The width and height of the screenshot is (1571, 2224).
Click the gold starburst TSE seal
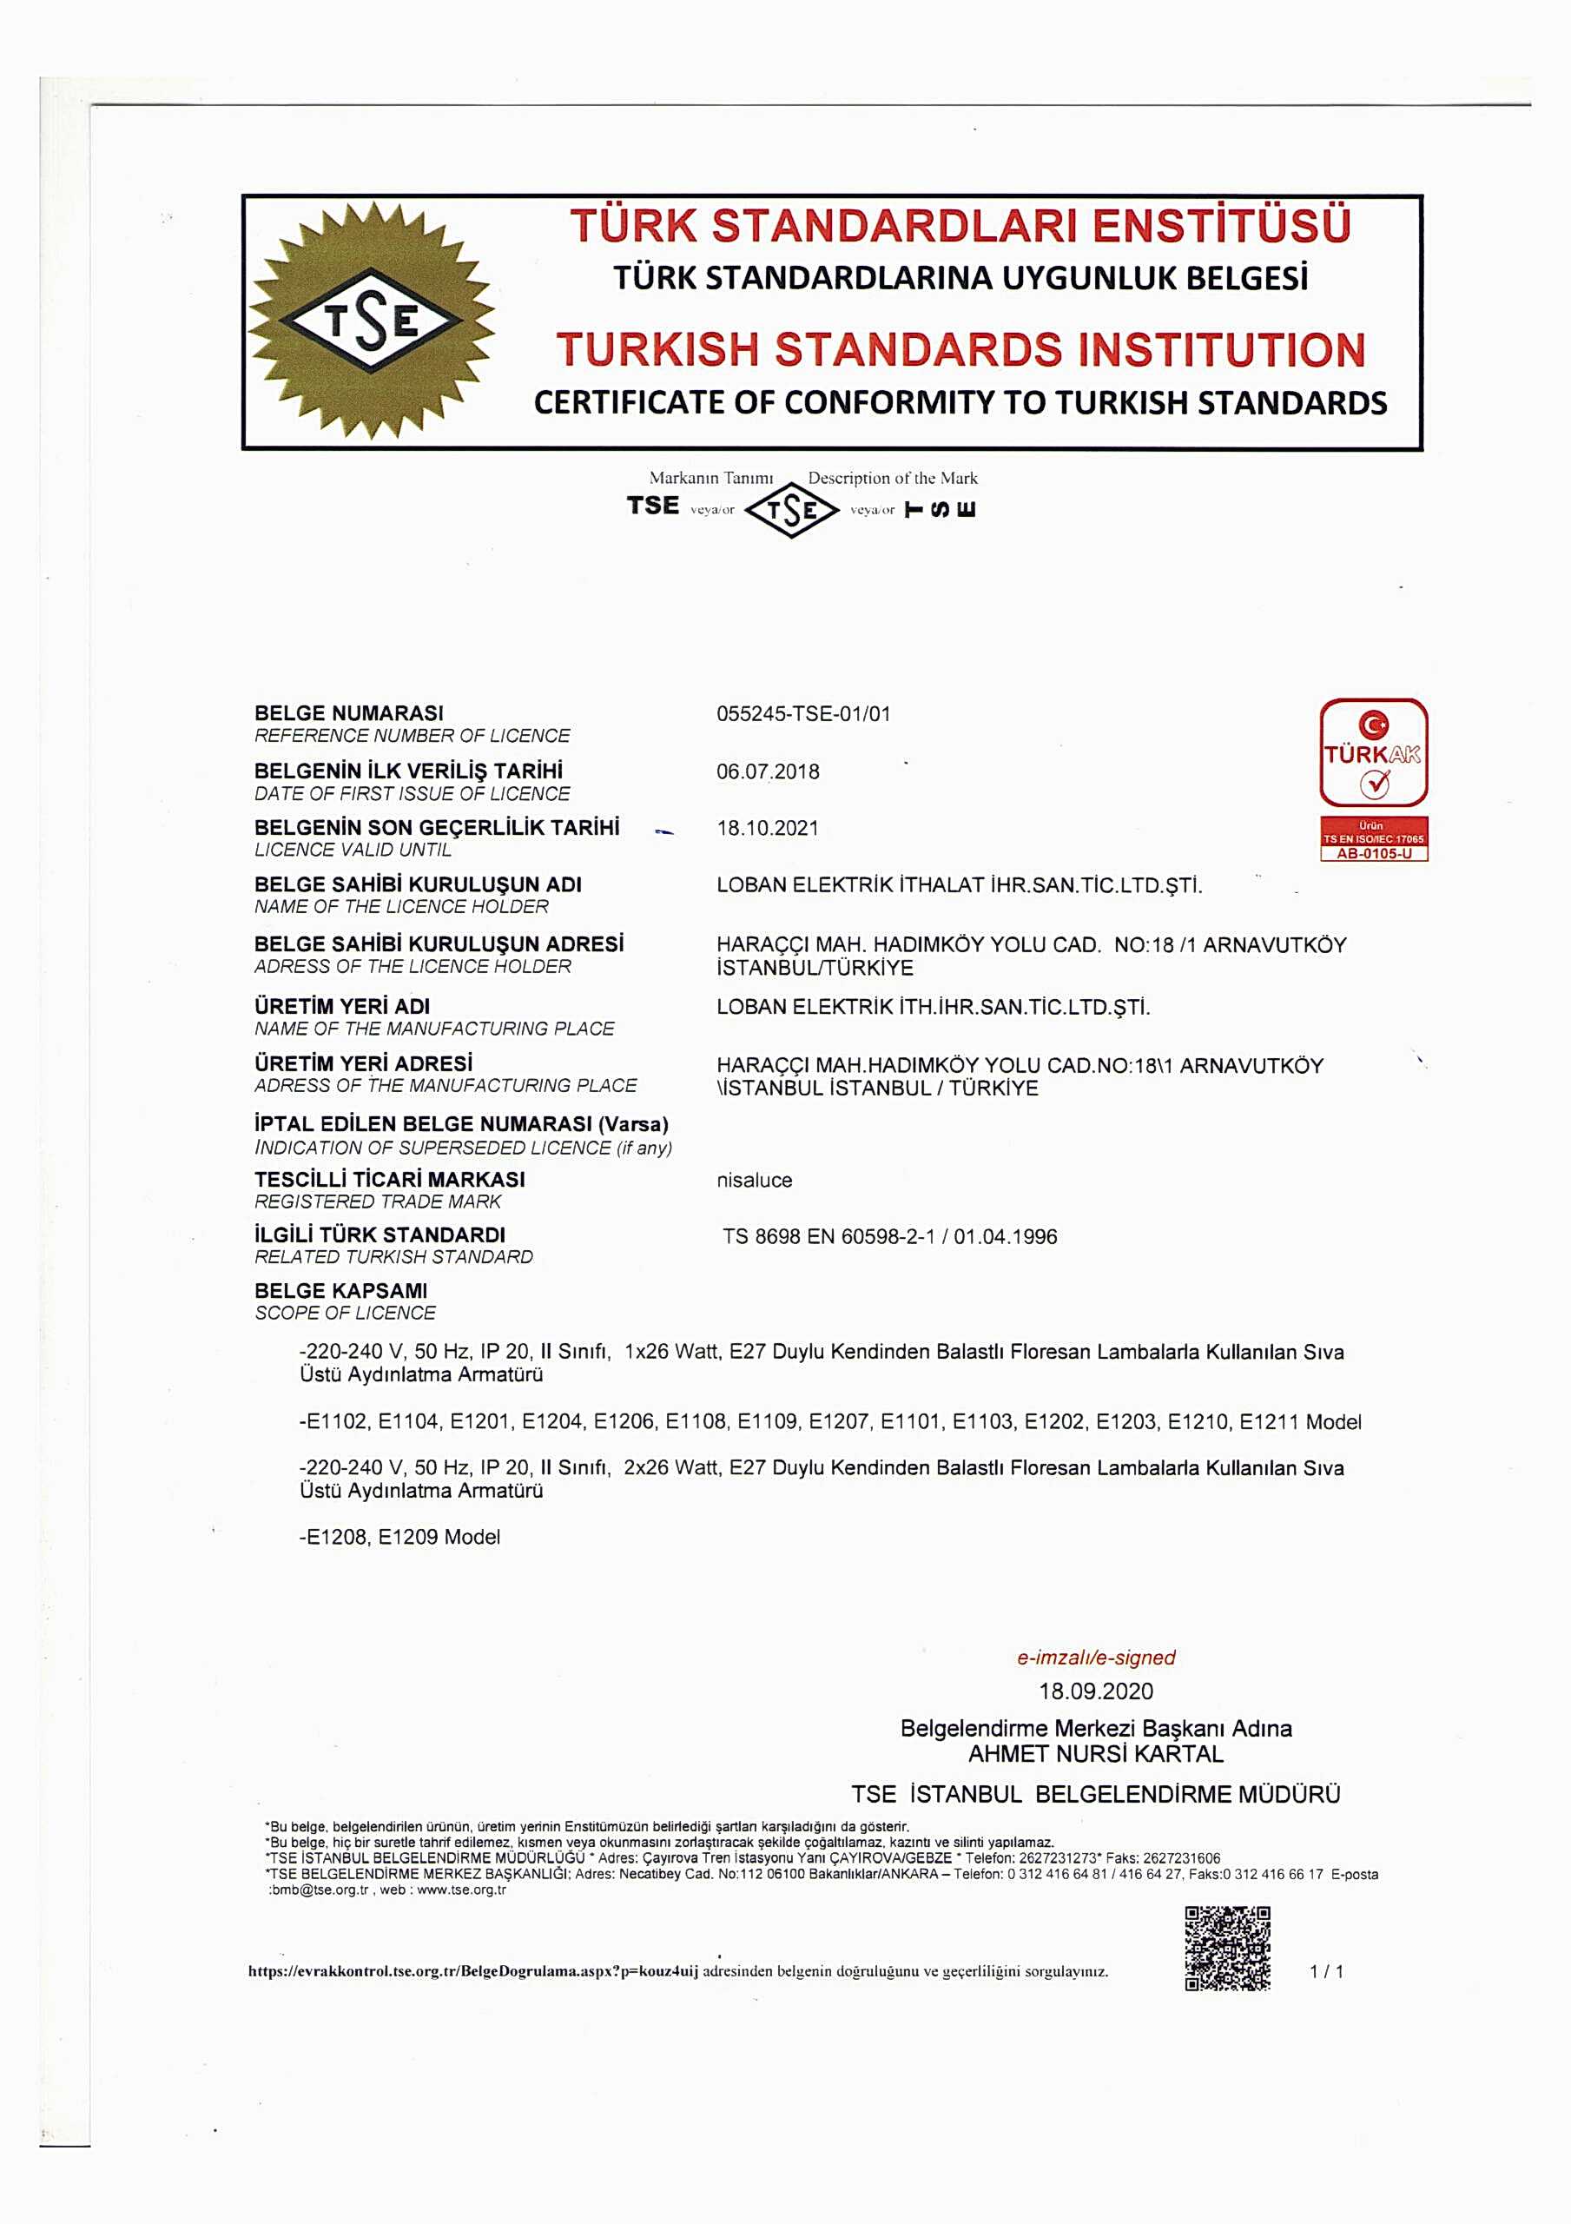(372, 321)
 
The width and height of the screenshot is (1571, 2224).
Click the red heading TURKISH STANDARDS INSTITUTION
(960, 350)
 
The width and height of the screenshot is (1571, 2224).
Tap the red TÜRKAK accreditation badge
(1373, 752)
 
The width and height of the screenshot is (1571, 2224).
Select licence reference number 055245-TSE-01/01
(803, 715)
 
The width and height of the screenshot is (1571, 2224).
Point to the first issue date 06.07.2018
(767, 772)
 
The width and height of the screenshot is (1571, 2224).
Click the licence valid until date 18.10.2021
(767, 828)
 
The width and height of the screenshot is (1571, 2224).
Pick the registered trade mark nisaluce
(754, 1180)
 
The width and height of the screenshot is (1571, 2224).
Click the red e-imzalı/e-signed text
(1095, 1658)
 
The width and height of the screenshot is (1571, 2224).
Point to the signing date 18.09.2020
(1095, 1691)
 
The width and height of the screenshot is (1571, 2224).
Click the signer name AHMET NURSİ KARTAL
(1095, 1754)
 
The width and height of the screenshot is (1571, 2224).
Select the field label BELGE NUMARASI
(349, 714)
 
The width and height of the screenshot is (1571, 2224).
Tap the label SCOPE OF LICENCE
(345, 1314)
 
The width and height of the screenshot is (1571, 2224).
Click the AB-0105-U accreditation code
(1373, 854)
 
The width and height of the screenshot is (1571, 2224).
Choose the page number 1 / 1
(1326, 1971)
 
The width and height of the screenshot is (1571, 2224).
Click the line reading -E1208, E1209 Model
(399, 1537)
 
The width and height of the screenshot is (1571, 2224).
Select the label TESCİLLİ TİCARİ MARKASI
(389, 1180)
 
